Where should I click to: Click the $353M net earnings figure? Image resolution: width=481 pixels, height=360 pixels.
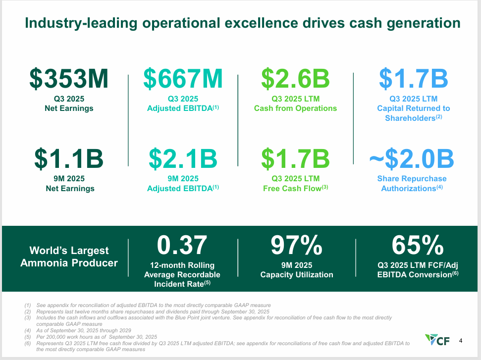coord(68,79)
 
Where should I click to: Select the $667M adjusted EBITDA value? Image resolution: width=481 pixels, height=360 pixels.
coord(183,79)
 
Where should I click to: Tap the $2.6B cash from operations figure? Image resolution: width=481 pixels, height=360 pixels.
coord(295,79)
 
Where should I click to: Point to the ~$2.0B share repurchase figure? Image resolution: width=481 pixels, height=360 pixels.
coord(412,159)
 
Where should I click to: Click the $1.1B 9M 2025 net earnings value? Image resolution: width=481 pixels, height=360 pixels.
coord(69,159)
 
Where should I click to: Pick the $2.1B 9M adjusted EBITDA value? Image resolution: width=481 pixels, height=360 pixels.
coord(183,159)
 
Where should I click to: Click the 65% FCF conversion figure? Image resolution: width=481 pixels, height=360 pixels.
coord(417,245)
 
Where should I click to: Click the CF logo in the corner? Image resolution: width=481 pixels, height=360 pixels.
coord(438,341)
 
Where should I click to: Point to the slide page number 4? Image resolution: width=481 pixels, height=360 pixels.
coord(461,341)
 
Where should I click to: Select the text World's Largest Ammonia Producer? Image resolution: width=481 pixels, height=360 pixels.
coord(69,257)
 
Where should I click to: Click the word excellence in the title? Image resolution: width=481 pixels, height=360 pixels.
coord(285,23)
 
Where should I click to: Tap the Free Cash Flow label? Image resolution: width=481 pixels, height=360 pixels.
coord(295,188)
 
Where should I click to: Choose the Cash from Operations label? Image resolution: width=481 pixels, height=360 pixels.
coord(295,108)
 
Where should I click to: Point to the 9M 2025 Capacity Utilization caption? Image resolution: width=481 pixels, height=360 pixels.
coord(296,270)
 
